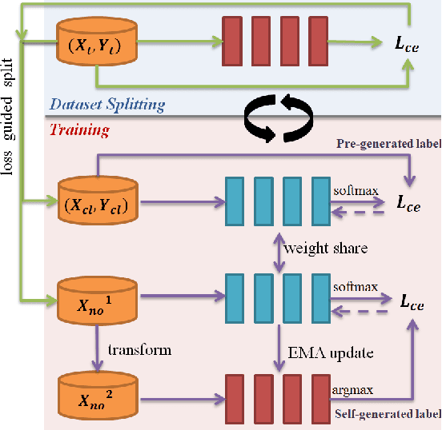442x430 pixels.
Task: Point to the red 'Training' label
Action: pos(79,129)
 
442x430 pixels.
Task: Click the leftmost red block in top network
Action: pos(232,39)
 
